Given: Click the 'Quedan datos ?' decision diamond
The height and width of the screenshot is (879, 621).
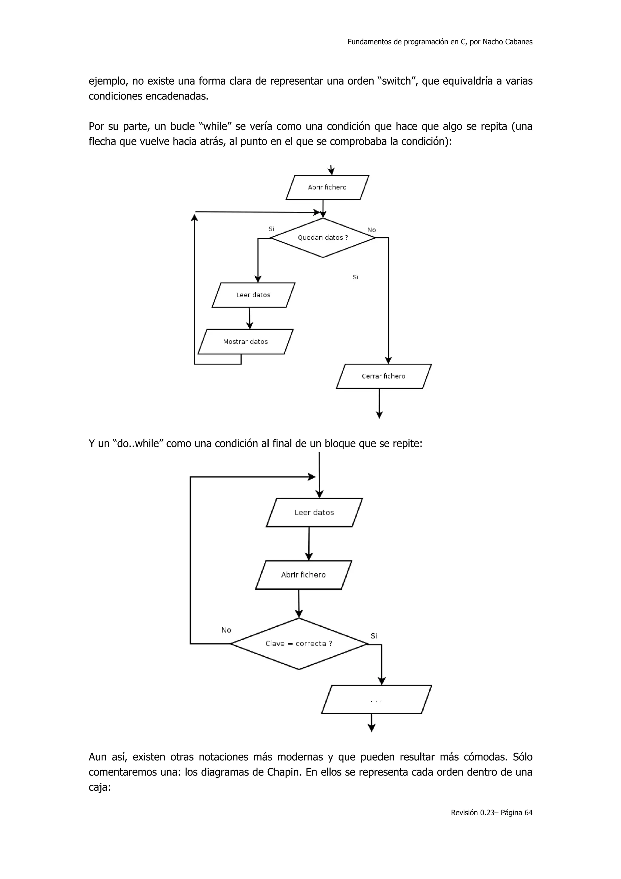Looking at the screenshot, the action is [x=323, y=238].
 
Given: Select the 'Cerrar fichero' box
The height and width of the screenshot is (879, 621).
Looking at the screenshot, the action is [x=383, y=376].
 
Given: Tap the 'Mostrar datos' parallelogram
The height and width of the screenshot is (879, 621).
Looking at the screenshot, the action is [x=245, y=342].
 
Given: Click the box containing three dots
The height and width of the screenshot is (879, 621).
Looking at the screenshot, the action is [x=376, y=699].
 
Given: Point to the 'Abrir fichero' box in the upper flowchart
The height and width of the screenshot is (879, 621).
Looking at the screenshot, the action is [x=327, y=187].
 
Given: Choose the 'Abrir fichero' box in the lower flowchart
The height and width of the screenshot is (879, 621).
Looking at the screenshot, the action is [x=304, y=575].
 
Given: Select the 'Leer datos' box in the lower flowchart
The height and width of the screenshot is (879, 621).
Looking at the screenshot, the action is [x=314, y=513].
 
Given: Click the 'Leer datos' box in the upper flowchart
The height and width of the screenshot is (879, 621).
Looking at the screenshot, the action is [x=253, y=295].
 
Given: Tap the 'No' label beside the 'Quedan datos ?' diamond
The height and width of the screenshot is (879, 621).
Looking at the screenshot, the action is [x=371, y=230].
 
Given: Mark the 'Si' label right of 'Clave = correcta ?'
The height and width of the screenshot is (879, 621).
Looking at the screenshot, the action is [x=374, y=636].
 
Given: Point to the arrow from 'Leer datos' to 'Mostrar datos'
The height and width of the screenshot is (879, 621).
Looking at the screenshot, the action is [x=250, y=318].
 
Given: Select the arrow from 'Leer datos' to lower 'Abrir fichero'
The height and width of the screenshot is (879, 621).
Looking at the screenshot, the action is [x=309, y=544].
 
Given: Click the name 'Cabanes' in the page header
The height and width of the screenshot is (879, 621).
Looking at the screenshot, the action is [x=519, y=42].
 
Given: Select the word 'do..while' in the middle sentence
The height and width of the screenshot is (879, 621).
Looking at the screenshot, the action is [x=139, y=444].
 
